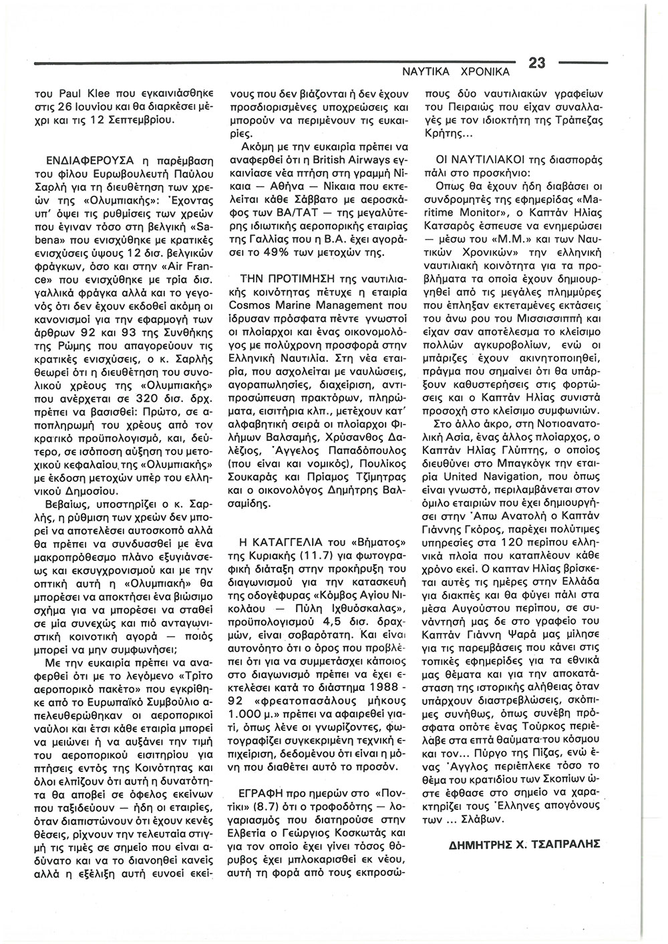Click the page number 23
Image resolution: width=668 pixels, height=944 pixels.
538,63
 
